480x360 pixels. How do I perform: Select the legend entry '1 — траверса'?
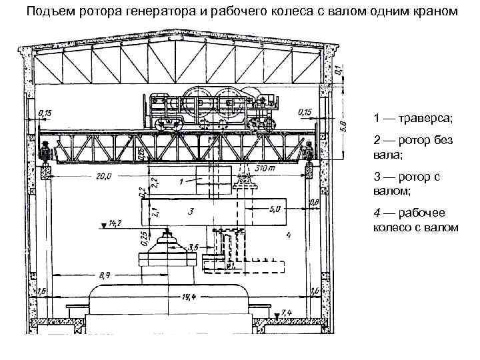pyautogui.click(x=412, y=118)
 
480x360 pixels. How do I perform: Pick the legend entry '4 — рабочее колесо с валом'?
pyautogui.click(x=415, y=221)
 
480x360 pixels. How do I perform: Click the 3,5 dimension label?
pyautogui.click(x=193, y=247)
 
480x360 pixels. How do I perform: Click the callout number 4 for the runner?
pyautogui.click(x=288, y=235)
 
